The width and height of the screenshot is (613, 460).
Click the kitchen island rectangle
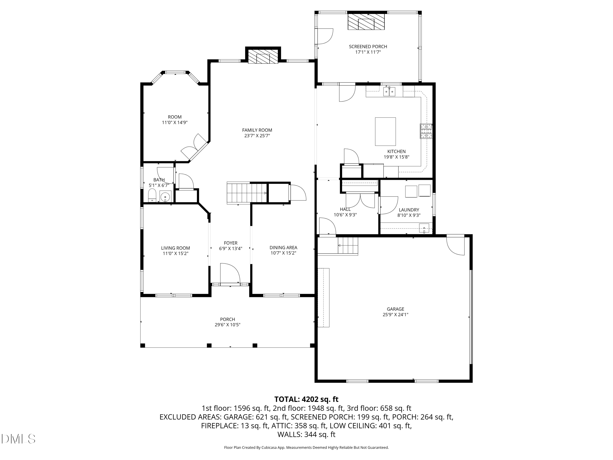coord(385,131)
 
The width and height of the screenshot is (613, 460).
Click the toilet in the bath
coord(152,195)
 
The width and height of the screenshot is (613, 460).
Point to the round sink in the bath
coord(165,197)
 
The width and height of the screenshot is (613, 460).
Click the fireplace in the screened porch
coord(366,22)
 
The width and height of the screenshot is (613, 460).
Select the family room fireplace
coord(263,57)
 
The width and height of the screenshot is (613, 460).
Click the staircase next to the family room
coord(246,193)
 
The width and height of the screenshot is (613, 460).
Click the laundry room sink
coord(424,228)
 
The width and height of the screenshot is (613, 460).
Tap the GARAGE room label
coord(395,309)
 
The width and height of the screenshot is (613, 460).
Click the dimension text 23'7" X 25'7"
coord(257,136)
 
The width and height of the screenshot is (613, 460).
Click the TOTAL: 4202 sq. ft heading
coord(306,399)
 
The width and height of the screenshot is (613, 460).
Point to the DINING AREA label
coord(283,247)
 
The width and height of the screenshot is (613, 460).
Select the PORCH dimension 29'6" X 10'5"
coord(227,325)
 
